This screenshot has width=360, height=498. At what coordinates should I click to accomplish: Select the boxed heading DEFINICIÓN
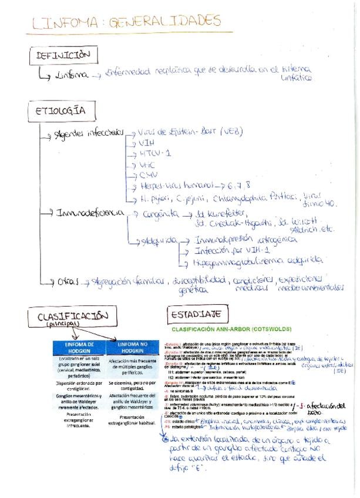[x=63, y=56]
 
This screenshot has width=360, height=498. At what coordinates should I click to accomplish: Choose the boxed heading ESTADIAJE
[x=195, y=314]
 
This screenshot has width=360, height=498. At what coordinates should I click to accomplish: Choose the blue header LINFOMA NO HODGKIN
[x=133, y=347]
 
